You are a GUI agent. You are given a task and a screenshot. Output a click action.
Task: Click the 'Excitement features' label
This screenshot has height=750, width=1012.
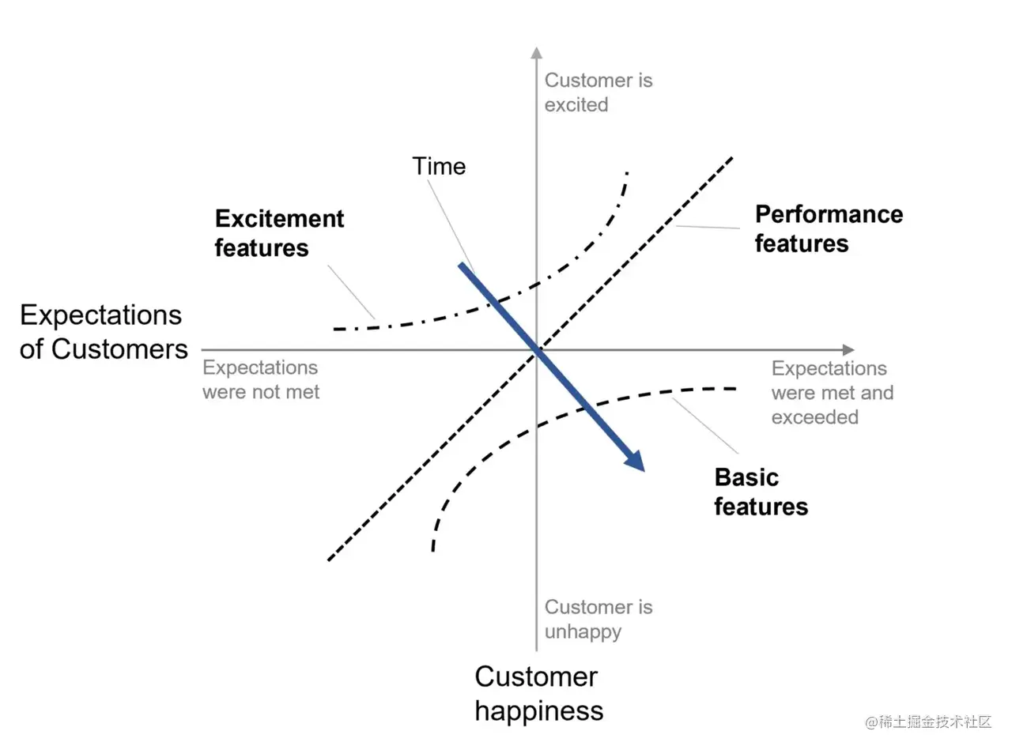tap(279, 233)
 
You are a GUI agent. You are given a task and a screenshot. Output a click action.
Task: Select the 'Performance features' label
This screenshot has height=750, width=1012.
tap(828, 228)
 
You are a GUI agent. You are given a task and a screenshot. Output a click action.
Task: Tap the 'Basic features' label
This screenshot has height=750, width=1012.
tap(761, 492)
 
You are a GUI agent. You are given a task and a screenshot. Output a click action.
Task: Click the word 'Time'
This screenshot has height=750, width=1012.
tap(439, 166)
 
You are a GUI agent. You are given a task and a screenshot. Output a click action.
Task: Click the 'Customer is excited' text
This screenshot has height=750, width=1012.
tap(598, 92)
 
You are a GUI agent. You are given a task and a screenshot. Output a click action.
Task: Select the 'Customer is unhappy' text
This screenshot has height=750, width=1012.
tap(598, 619)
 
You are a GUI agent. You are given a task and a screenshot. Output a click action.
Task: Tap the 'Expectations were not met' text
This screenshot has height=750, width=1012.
tap(261, 379)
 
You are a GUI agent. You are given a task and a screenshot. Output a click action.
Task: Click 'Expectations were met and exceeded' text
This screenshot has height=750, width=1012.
tap(832, 392)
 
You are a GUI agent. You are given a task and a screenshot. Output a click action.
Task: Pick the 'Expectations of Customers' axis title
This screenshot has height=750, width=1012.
tap(104, 332)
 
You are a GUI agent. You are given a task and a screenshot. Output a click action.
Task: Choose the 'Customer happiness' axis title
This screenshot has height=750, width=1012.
tap(538, 693)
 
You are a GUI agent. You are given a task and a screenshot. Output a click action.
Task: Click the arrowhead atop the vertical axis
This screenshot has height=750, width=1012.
tap(537, 52)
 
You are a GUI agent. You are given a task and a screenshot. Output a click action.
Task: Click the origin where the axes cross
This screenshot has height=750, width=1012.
tap(537, 349)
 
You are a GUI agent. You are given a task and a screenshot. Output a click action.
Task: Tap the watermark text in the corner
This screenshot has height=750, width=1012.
tap(928, 722)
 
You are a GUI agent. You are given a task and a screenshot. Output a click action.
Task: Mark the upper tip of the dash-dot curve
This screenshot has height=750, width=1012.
tap(627, 172)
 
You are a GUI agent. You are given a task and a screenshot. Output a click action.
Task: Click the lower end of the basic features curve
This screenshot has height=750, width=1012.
tap(433, 550)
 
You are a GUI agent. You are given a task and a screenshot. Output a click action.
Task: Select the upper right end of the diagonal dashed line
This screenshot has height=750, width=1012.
tap(732, 158)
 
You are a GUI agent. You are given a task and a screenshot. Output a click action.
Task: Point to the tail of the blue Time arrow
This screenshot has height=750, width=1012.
tap(461, 265)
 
